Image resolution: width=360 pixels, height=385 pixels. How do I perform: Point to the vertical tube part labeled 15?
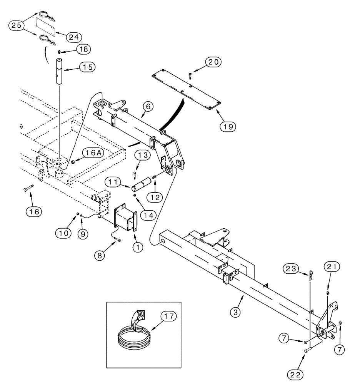coord(60,72)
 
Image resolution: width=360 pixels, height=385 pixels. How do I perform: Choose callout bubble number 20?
coord(213,62)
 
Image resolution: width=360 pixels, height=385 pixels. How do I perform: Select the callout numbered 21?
coord(332,266)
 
